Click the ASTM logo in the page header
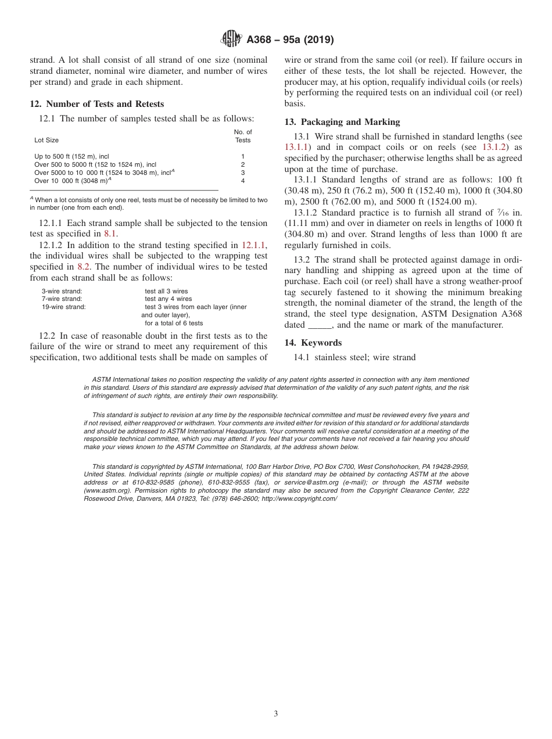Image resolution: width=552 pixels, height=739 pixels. (231, 40)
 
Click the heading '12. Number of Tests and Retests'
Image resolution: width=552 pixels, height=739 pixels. (96, 104)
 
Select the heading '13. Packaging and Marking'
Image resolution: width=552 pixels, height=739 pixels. (342, 122)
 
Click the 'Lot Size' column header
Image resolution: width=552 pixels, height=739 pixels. (46, 140)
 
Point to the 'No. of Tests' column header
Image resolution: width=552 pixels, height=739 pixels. (243, 136)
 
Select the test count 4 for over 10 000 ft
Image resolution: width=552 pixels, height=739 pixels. (243, 181)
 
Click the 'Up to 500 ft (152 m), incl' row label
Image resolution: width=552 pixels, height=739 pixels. (71, 156)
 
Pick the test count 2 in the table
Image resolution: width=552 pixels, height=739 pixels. (243, 164)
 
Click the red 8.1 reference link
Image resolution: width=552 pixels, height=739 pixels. (110, 234)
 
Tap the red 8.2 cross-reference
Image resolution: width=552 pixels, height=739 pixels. (84, 267)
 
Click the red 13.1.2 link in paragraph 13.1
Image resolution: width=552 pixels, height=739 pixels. (496, 147)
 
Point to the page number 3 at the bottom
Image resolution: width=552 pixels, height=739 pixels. (276, 713)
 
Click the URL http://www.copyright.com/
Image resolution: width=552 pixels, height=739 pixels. (299, 498)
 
